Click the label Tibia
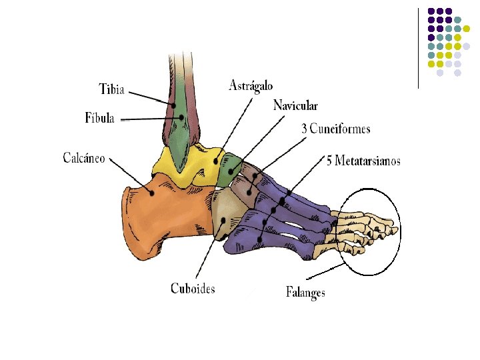click(x=112, y=89)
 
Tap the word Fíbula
click(x=99, y=118)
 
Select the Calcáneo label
click(x=84, y=157)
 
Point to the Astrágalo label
click(x=251, y=85)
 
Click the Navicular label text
click(x=295, y=105)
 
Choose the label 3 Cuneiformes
click(x=336, y=129)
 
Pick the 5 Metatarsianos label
click(x=363, y=161)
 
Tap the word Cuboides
click(x=193, y=289)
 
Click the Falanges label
click(x=305, y=292)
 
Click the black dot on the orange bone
click(x=151, y=193)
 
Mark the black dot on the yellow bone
click(x=215, y=161)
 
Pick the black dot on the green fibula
click(x=181, y=117)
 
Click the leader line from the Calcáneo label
click(x=131, y=175)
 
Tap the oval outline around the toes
click(x=401, y=232)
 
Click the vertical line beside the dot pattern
click(x=418, y=49)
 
